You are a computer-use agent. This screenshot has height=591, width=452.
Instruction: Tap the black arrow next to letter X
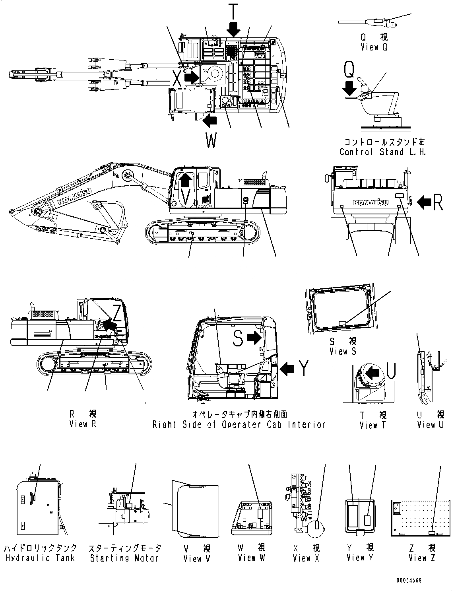point(192,77)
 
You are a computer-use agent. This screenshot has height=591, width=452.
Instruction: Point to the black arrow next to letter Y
point(287,369)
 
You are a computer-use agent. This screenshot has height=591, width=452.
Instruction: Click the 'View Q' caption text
point(374,47)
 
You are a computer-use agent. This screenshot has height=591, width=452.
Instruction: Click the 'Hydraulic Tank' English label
point(40,558)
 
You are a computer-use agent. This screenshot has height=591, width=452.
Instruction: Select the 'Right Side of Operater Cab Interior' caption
point(239,424)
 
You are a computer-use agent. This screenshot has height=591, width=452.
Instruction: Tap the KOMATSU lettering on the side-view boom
point(75,196)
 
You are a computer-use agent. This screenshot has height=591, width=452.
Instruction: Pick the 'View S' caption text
point(342,351)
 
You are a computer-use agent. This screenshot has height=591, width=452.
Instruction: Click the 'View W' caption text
point(251,558)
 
